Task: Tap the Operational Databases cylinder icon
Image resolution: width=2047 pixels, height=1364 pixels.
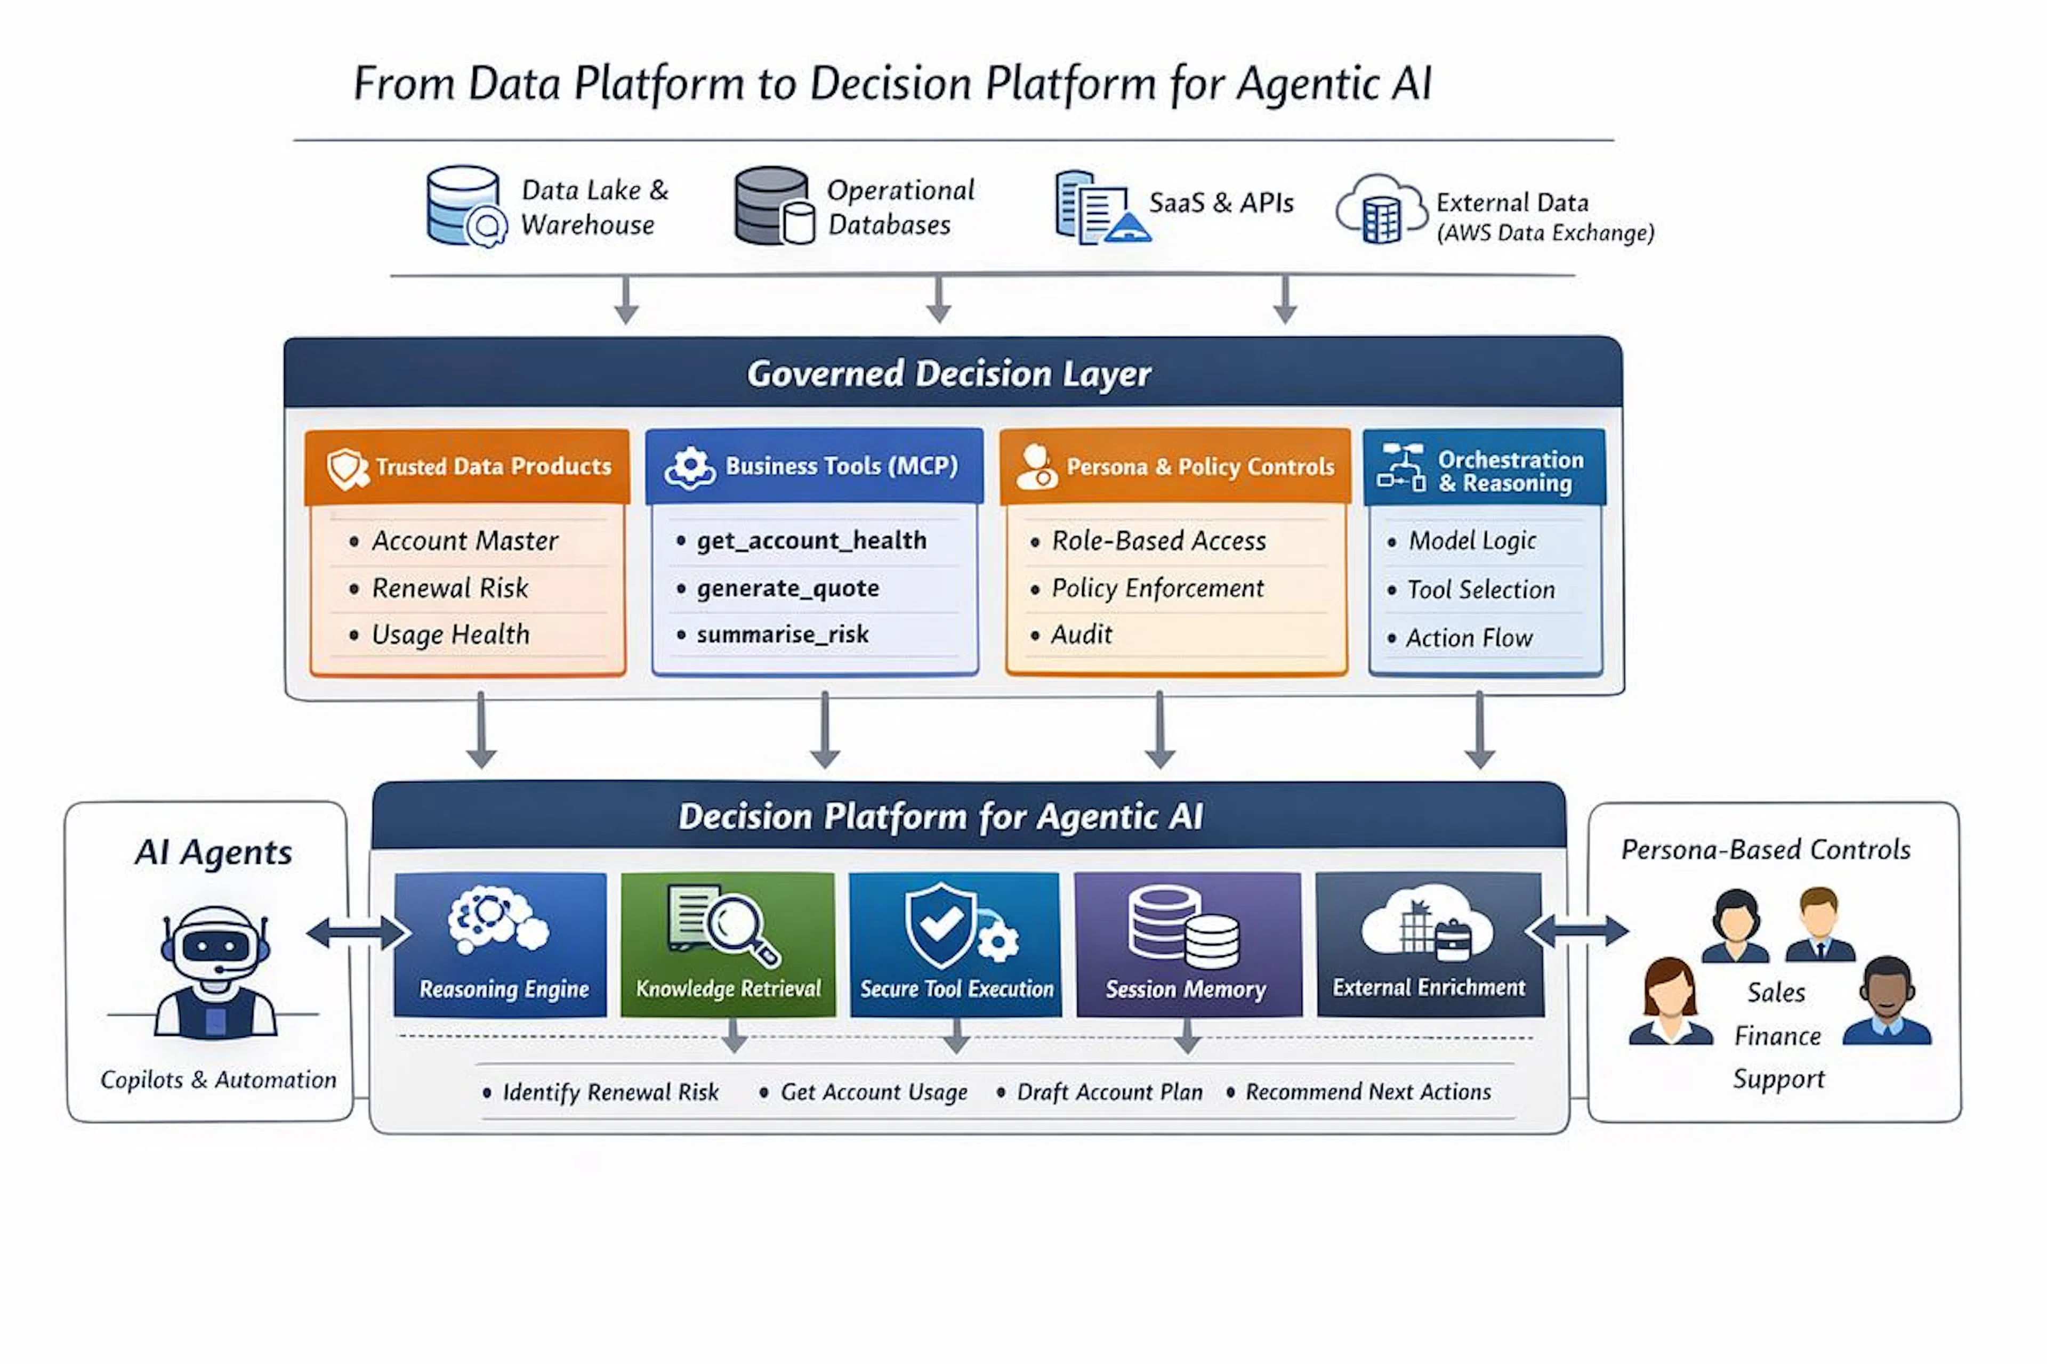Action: click(x=773, y=206)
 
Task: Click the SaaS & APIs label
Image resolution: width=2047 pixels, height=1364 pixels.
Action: click(x=1221, y=202)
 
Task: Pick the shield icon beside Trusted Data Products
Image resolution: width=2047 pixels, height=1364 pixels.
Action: click(x=346, y=469)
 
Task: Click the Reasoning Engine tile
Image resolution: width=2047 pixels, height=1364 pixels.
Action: click(x=501, y=945)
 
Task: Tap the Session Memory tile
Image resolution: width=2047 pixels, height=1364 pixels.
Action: click(x=1188, y=945)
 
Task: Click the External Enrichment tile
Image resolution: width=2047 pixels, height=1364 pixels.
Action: click(x=1430, y=945)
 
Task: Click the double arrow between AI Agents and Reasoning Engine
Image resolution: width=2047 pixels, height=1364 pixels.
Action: click(x=358, y=932)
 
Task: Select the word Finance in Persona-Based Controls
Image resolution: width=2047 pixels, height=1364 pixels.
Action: click(x=1777, y=1036)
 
